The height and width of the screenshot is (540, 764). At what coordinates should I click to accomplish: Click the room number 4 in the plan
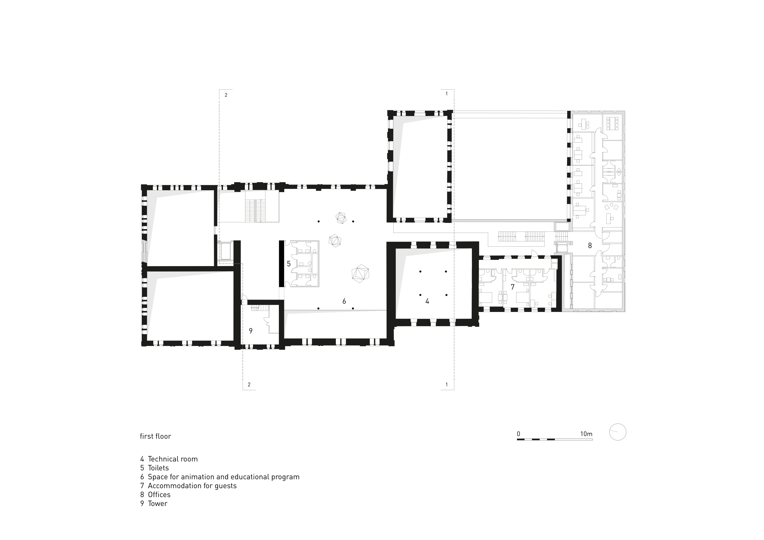click(x=427, y=301)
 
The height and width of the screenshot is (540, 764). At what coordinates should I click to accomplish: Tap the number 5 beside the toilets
click(x=289, y=264)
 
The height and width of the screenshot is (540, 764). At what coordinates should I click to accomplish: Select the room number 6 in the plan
click(x=344, y=301)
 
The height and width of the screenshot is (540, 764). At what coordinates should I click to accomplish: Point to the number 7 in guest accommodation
click(x=513, y=287)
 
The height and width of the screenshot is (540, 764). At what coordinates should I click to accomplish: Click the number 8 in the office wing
click(x=590, y=246)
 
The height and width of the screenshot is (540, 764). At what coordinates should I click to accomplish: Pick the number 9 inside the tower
click(x=251, y=331)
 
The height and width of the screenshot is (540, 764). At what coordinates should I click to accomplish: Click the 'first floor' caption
click(x=155, y=436)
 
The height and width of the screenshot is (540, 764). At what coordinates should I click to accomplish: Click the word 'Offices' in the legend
click(x=159, y=495)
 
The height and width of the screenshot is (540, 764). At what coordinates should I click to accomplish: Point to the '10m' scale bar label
click(x=586, y=434)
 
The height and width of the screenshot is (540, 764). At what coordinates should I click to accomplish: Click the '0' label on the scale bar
click(x=518, y=434)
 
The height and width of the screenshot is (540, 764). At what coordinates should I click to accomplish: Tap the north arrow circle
click(x=618, y=432)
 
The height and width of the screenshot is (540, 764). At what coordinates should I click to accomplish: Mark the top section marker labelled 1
click(x=447, y=94)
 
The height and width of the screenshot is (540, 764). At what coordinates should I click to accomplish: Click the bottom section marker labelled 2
click(x=249, y=385)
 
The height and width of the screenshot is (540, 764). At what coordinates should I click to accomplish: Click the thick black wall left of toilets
click(x=281, y=263)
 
